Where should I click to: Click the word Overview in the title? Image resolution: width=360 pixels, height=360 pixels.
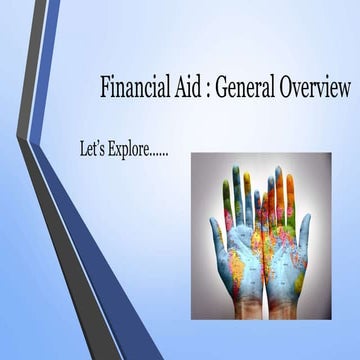pyautogui.click(x=315, y=87)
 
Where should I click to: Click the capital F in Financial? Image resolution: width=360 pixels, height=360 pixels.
pyautogui.click(x=105, y=87)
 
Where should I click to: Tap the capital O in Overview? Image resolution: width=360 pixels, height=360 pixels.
pyautogui.click(x=290, y=87)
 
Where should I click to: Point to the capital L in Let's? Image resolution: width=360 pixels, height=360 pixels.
pyautogui.click(x=82, y=148)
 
